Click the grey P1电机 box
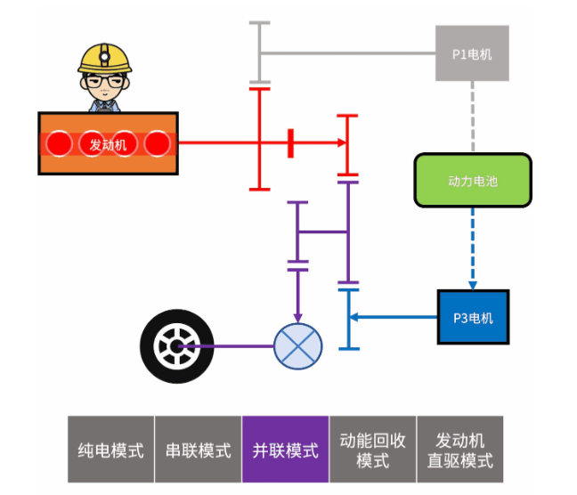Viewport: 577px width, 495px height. pos(472,53)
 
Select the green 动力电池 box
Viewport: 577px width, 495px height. pos(472,181)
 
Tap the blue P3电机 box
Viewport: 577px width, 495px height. pos(472,317)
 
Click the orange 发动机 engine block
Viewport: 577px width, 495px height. pos(108,143)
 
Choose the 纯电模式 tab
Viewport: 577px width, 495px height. pos(111,450)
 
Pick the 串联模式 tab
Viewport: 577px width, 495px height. pos(198,450)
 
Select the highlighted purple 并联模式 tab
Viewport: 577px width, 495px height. pos(285,450)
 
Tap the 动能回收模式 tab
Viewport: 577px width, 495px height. pos(372,450)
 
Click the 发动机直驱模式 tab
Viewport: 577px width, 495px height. pos(459,450)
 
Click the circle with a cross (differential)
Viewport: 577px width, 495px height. pos(297,345)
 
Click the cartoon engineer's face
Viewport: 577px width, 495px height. pos(105,86)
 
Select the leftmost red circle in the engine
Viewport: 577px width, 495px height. pos(60,143)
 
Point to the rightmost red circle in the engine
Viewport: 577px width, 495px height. pos(157,143)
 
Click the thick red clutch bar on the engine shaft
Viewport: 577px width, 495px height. pos(290,143)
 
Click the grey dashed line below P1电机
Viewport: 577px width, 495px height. pos(472,117)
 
